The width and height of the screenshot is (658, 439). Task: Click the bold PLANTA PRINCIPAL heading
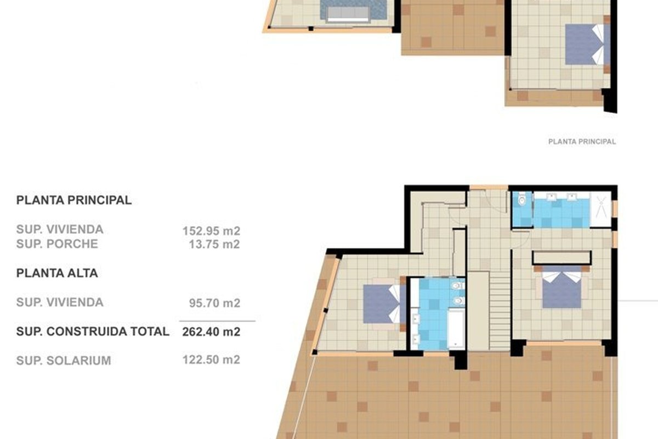coord(73,200)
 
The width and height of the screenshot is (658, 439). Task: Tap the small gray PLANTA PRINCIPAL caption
coord(582,142)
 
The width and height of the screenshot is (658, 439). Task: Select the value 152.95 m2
coord(211,231)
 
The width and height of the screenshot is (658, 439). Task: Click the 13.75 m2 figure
coord(214,244)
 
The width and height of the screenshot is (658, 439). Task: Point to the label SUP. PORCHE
coord(57,244)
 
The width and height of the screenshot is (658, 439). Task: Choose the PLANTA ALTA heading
coord(57,273)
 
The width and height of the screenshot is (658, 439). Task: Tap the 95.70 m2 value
coord(214,303)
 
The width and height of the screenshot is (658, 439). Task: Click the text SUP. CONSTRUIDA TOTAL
coord(93,331)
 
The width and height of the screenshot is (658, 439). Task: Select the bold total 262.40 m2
coord(211,332)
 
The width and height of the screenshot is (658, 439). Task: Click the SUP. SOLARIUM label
coord(64,361)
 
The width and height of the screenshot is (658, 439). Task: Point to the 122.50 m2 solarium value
coord(211,359)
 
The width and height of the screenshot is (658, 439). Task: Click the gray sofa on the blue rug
coord(348,14)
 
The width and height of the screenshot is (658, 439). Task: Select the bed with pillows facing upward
coord(561,290)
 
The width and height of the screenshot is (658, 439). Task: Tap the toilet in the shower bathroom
coord(522,200)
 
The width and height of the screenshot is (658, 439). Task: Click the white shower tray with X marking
coord(601,210)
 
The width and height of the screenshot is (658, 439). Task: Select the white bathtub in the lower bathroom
coord(456,329)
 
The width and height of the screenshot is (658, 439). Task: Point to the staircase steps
coord(500,311)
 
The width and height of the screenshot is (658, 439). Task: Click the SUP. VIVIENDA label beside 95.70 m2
coord(60,302)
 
